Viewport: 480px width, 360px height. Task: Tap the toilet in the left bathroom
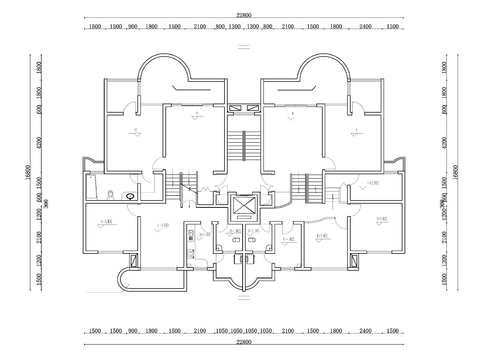click(x=111, y=192)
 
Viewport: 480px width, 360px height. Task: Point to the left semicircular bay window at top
click(x=161, y=75)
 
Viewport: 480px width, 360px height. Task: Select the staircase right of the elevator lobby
click(x=303, y=186)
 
